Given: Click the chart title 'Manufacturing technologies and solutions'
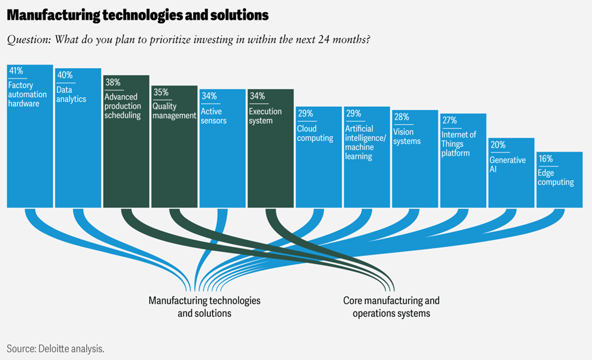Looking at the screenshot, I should tap(138, 14).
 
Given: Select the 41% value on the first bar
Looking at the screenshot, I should tap(16, 71).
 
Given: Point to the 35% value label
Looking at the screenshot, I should tap(160, 92).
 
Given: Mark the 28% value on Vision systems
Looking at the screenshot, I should tap(401, 117).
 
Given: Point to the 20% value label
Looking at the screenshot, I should tap(497, 144).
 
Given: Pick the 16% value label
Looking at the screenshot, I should tap(545, 158).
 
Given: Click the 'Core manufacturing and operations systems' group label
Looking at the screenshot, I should tap(391, 307).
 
